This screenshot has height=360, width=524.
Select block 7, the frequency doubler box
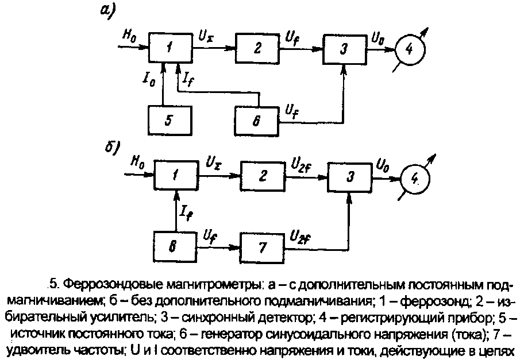click(263, 249)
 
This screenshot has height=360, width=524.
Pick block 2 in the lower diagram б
click(263, 176)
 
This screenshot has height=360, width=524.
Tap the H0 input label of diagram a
click(130, 35)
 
